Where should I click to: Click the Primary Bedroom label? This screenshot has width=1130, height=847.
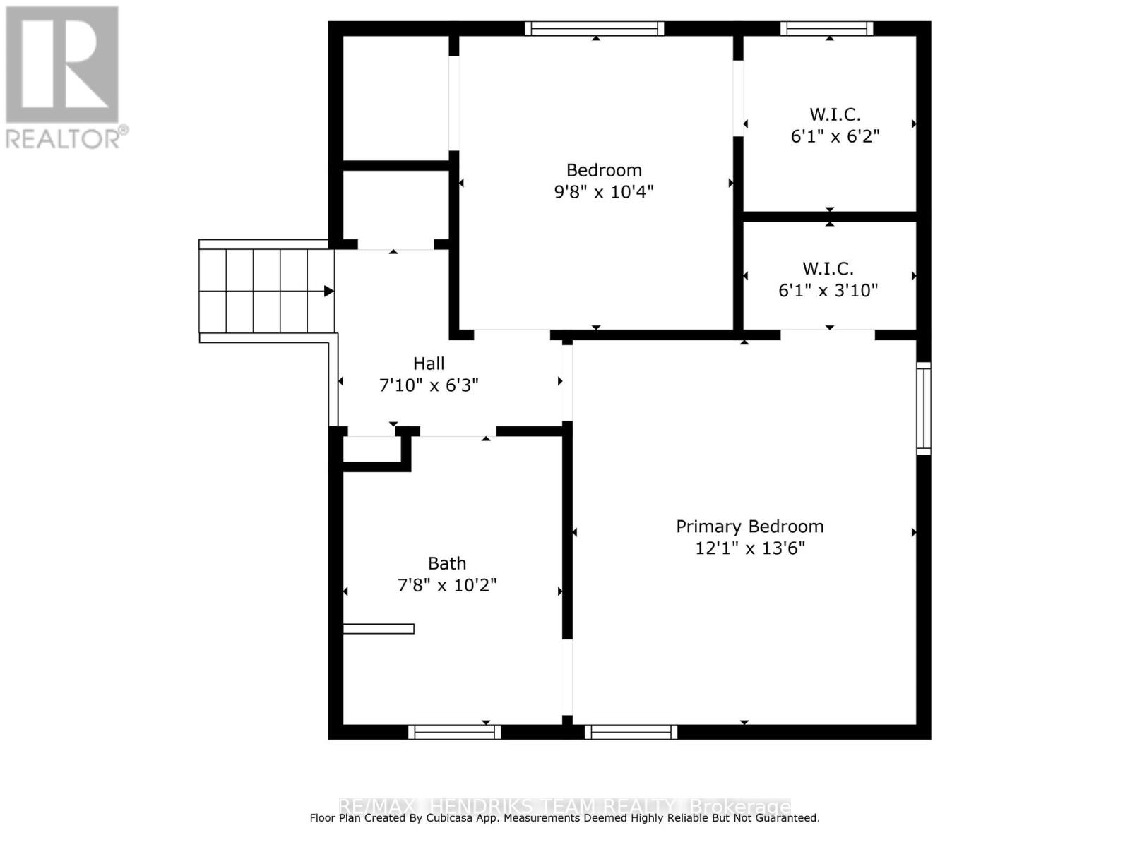click(x=749, y=527)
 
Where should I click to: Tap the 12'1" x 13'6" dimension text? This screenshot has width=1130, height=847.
click(x=749, y=548)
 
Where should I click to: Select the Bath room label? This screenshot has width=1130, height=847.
click(x=447, y=563)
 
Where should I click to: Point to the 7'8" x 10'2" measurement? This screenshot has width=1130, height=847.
click(x=447, y=585)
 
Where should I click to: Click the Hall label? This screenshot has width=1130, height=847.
click(x=429, y=364)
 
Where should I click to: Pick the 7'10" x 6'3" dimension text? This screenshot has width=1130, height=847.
click(x=429, y=385)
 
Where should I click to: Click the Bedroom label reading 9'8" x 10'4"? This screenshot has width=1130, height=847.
click(x=604, y=170)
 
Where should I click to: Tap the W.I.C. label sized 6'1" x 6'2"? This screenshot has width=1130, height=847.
click(x=835, y=114)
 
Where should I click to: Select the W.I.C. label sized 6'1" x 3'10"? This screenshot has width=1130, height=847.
click(x=828, y=269)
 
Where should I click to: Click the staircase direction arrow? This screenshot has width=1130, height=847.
click(x=328, y=291)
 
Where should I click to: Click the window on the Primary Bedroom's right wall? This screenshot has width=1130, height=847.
click(x=924, y=408)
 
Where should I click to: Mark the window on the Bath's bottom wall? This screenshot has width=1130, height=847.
click(x=454, y=733)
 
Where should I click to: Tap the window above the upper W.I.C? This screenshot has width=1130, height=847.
click(x=826, y=28)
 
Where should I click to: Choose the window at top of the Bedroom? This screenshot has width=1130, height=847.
click(x=594, y=28)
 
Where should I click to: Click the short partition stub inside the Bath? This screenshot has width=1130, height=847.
click(x=379, y=628)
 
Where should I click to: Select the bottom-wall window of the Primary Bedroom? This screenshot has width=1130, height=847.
click(x=631, y=733)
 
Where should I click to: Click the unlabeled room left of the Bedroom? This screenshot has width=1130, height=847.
click(x=395, y=99)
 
